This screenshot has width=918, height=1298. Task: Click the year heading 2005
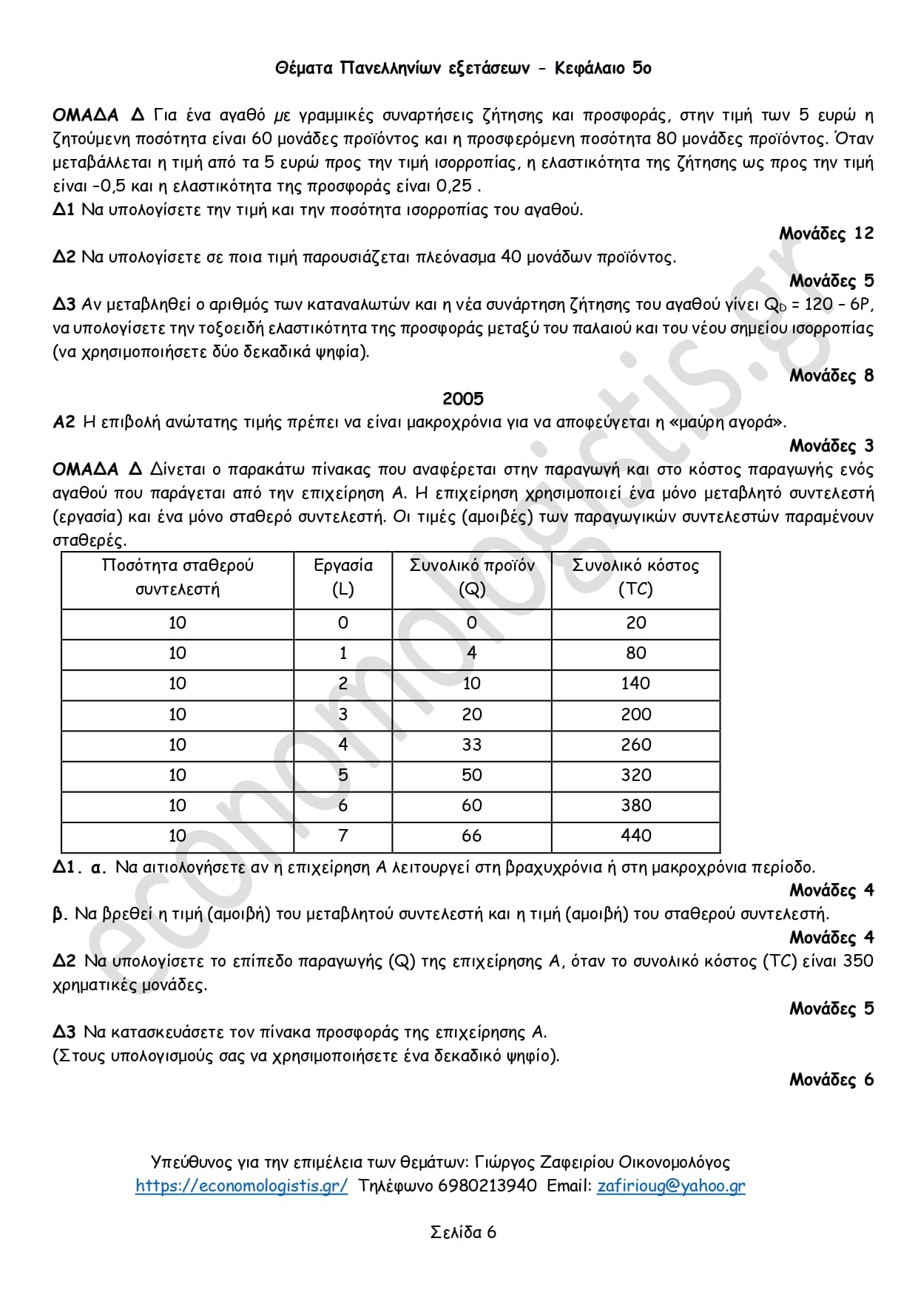463,399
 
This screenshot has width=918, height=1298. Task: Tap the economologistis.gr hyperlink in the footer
241,1186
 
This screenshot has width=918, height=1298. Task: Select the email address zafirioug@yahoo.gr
671,1186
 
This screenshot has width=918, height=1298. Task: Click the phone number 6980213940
487,1186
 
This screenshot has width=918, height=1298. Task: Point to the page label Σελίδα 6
463,1232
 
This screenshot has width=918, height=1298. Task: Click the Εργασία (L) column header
343,577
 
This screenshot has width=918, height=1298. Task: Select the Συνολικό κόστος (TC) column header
635,577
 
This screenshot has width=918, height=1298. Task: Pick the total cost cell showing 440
636,836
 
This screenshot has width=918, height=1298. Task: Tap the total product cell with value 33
472,745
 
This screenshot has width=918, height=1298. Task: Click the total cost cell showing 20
636,623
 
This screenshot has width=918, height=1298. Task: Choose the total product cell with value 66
472,836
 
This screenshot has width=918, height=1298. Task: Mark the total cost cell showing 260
636,745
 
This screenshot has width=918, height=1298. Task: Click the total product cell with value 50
472,775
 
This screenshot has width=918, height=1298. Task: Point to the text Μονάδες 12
826,234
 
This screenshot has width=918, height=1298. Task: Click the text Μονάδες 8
831,376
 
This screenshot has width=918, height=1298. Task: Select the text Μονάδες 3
831,446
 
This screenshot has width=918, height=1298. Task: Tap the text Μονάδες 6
831,1080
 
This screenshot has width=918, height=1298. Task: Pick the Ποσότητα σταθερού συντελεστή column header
178,577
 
